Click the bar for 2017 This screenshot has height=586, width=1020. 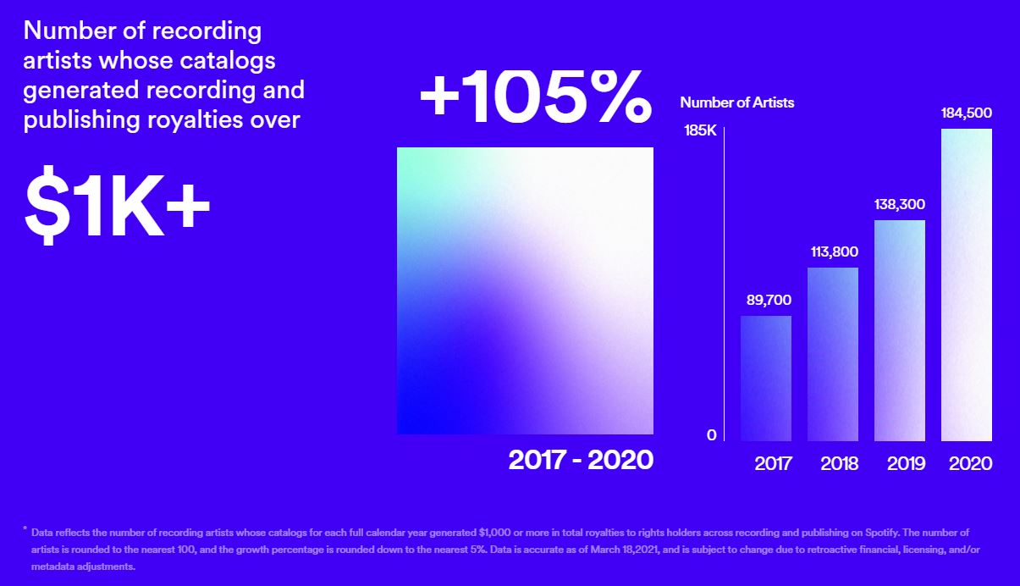(x=766, y=379)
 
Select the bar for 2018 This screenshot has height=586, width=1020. (x=833, y=354)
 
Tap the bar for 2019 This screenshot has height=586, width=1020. (x=900, y=330)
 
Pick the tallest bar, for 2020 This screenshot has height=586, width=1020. (x=967, y=285)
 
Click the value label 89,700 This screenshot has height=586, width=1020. (x=766, y=301)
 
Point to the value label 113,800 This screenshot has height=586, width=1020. (x=833, y=252)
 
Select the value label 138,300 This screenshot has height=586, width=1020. (x=900, y=204)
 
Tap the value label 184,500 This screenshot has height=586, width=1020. (x=967, y=113)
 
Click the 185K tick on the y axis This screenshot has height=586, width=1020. (x=700, y=132)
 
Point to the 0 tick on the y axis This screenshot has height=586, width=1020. (x=711, y=434)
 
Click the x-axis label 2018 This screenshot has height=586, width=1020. (x=839, y=464)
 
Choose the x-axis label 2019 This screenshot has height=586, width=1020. (x=906, y=464)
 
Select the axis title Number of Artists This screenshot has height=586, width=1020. (x=736, y=102)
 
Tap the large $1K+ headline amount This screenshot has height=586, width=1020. (x=117, y=207)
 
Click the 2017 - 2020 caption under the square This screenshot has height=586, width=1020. (x=581, y=460)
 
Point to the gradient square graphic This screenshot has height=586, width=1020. (x=525, y=290)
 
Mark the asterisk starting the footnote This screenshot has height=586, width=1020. (x=25, y=530)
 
